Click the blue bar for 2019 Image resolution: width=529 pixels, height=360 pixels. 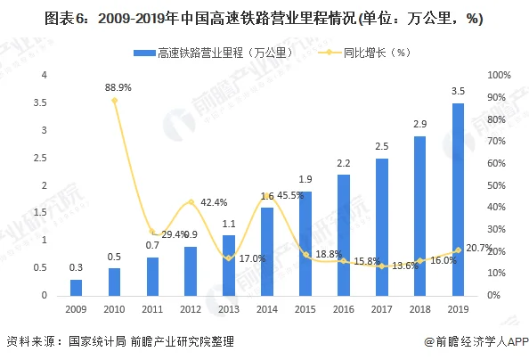(459, 199)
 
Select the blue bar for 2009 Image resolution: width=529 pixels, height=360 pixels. (76, 287)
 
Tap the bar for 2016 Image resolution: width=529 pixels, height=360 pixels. (344, 234)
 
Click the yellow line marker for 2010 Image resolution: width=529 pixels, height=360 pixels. (114, 101)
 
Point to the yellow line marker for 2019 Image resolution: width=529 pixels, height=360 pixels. (459, 250)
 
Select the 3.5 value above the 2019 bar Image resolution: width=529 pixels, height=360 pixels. (459, 92)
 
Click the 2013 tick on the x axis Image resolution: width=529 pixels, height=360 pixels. (229, 307)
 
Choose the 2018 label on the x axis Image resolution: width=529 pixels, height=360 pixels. (420, 307)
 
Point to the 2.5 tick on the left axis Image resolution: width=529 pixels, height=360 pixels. (40, 158)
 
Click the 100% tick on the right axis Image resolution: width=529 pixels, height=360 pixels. (499, 75)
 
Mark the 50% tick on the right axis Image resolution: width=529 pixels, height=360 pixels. (499, 185)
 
